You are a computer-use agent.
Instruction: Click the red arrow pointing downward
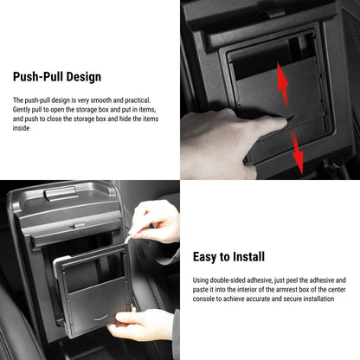tap(297, 152)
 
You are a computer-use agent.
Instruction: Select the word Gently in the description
tap(23, 110)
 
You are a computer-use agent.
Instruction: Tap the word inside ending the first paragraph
tap(22, 128)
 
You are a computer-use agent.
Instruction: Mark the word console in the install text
tap(204, 299)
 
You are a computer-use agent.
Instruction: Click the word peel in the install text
tap(293, 280)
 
